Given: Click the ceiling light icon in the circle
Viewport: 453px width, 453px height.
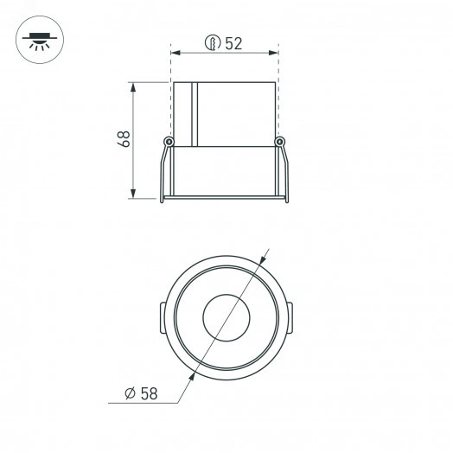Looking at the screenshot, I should point(38,39).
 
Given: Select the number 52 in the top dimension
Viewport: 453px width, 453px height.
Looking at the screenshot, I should point(233,44).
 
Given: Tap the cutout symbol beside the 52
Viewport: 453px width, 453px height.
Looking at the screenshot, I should point(211,43).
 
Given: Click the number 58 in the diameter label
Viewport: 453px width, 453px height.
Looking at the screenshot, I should point(149,393).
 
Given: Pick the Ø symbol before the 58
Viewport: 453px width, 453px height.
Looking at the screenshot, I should point(129,393).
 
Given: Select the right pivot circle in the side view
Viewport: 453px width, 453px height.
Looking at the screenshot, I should point(278,142).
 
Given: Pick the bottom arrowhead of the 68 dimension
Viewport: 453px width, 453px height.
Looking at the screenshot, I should point(134,195).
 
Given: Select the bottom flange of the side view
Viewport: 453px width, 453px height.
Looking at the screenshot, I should point(225,199).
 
